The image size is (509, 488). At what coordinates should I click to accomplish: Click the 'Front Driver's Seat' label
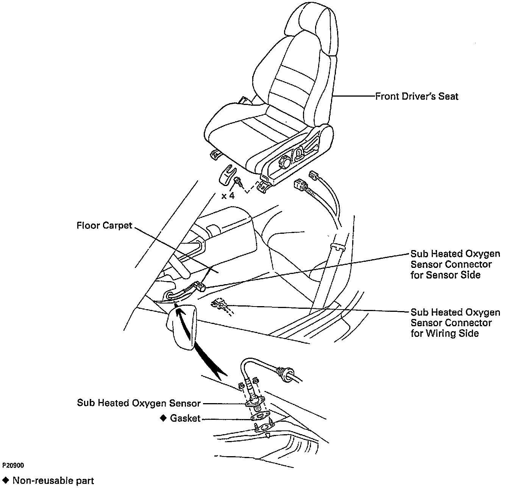coord(417,96)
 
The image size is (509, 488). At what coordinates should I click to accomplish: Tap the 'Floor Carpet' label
coord(105,226)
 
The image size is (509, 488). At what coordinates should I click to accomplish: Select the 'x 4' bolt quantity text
coord(228,196)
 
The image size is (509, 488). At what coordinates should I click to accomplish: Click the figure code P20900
coord(13,465)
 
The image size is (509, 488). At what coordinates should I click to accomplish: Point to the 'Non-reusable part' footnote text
coord(53,480)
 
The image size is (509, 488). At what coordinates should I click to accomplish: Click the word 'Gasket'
coord(185,418)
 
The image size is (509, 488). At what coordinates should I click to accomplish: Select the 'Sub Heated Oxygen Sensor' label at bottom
coord(139,402)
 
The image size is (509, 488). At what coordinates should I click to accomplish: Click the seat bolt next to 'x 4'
coord(237,181)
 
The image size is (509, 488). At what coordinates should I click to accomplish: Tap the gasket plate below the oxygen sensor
coord(260,417)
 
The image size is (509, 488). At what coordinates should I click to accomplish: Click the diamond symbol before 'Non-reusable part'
coord(5,480)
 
